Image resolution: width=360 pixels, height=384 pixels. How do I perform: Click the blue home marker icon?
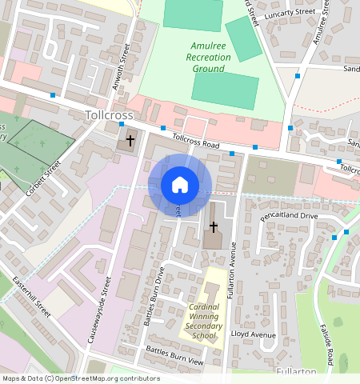coord(180,185)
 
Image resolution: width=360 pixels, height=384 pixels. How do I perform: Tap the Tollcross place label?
coord(109,116)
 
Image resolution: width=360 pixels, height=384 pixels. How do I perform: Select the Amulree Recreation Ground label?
coord(208,57)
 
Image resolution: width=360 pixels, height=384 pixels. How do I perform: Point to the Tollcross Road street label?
coord(195,142)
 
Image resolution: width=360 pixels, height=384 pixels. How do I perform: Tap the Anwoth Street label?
coord(125,65)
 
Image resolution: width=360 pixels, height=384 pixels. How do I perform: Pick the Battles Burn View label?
coord(174,357)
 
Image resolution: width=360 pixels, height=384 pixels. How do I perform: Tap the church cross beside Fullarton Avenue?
coord(213,227)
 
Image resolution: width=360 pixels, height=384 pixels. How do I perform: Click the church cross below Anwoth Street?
coord(130,141)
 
